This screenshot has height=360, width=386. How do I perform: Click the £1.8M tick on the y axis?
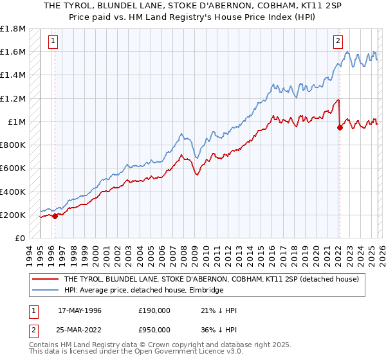coord(13,29)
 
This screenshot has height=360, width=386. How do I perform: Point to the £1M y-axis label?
coord(16,122)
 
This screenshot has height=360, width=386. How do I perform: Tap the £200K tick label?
coord(13,215)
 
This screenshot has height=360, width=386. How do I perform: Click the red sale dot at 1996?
coord(55,216)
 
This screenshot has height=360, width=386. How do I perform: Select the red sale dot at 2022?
coord(340,127)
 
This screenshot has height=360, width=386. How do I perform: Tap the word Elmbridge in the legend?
coord(205,291)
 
